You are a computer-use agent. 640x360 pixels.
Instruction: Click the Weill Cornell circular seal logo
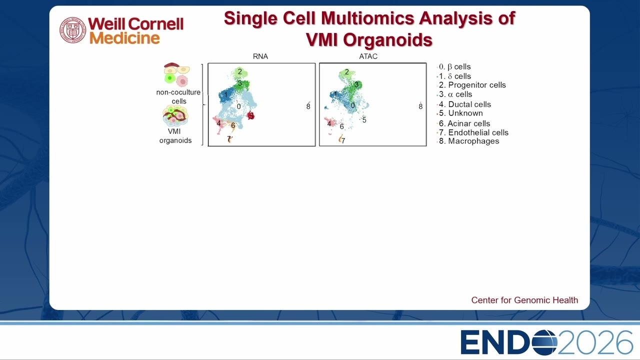pyautogui.click(x=73, y=30)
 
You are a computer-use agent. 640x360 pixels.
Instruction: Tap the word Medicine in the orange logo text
pyautogui.click(x=124, y=38)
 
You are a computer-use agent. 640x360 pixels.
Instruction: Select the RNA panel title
pyautogui.click(x=260, y=56)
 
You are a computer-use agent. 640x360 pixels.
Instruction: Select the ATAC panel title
pyautogui.click(x=368, y=56)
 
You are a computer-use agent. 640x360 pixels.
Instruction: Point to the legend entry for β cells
pyautogui.click(x=454, y=67)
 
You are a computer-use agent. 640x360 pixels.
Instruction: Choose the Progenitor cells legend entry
pyautogui.click(x=472, y=85)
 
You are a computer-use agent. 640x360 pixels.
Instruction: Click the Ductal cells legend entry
pyautogui.click(x=464, y=104)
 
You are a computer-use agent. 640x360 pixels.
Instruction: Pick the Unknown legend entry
pyautogui.click(x=460, y=113)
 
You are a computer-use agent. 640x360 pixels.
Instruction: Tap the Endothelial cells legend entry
pyautogui.click(x=473, y=132)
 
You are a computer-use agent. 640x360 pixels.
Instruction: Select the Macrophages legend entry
pyautogui.click(x=468, y=141)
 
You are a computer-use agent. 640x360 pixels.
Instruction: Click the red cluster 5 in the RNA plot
pyautogui.click(x=251, y=115)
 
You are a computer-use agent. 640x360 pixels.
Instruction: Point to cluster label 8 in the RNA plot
pyautogui.click(x=308, y=106)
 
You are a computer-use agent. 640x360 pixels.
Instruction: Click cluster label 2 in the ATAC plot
pyautogui.click(x=347, y=72)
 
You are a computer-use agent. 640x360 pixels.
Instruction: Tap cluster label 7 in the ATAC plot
pyautogui.click(x=343, y=141)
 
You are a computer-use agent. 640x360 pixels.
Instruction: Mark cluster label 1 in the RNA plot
pyautogui.click(x=225, y=94)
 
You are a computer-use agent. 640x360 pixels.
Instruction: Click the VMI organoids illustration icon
pyautogui.click(x=175, y=116)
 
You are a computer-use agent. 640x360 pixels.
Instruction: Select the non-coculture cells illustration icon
pyautogui.click(x=176, y=75)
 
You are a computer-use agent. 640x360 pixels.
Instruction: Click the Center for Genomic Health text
pyautogui.click(x=524, y=300)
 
